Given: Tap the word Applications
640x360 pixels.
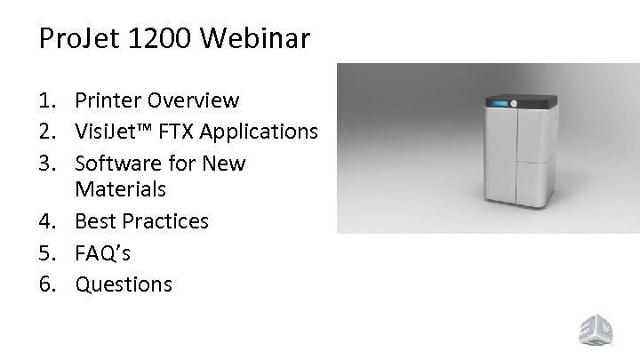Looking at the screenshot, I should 259,132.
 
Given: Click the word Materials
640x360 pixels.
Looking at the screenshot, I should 121,190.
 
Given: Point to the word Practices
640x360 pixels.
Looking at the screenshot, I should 164,221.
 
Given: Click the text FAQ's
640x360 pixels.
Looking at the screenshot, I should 103,253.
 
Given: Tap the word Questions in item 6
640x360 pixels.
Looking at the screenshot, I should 124,284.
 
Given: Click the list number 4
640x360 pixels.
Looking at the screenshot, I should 49,221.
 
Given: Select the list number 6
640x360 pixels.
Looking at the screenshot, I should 49,284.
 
